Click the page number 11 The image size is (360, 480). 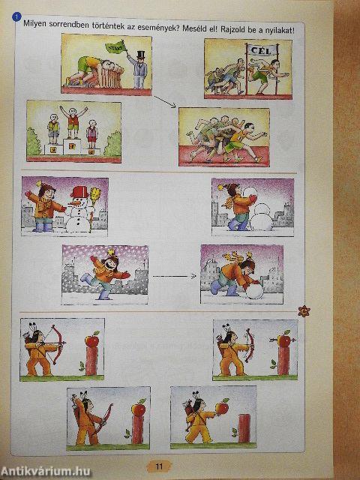pos(159,466)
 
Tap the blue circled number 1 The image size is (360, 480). pos(16,17)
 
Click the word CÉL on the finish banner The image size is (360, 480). pos(260,50)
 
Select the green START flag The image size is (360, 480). pos(115,47)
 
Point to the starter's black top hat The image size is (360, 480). pos(141,55)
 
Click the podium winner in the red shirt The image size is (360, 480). pos(73,121)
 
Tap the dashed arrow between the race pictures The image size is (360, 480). pos(165,102)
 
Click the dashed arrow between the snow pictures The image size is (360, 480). pos(174,277)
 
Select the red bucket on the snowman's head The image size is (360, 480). pos(80,193)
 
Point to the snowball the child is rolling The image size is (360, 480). pos(254,291)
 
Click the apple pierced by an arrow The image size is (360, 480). pos(283,340)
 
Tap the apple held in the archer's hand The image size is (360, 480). pos(222,406)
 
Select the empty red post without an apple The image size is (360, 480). pos(244,428)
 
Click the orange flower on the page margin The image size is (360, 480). pos(304,311)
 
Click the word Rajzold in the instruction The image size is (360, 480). pos(233,30)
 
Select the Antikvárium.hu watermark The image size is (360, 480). pos(46,472)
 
